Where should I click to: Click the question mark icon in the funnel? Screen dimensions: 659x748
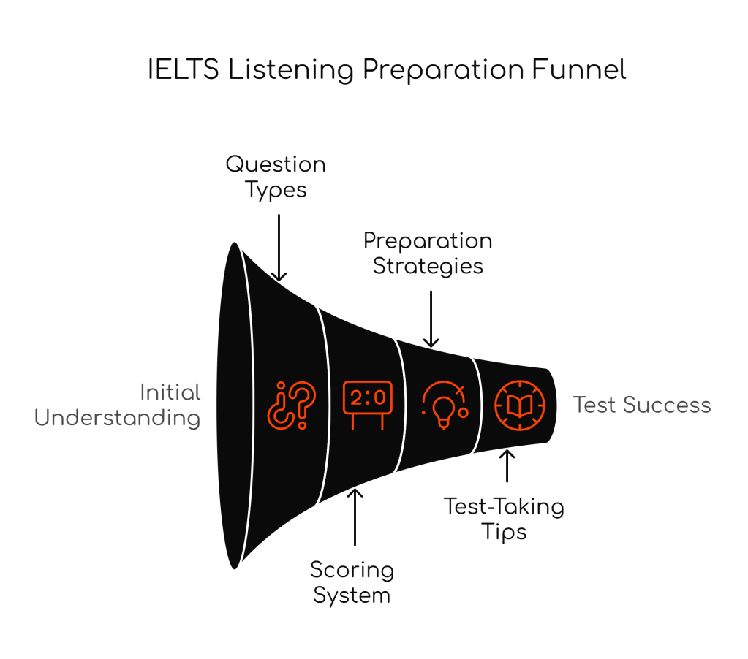(292, 405)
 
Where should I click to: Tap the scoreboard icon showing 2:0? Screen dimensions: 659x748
(367, 404)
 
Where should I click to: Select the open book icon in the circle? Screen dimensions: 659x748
(519, 405)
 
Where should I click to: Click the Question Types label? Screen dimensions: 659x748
(276, 176)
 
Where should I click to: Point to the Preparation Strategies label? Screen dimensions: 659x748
(428, 253)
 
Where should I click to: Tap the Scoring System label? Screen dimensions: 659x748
(352, 582)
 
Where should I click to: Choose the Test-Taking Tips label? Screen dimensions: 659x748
(504, 518)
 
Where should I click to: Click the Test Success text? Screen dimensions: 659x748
(641, 405)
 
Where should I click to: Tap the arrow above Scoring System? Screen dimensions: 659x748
(355, 517)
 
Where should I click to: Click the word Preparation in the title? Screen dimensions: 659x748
(439, 70)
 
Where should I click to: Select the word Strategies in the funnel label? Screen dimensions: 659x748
(428, 266)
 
